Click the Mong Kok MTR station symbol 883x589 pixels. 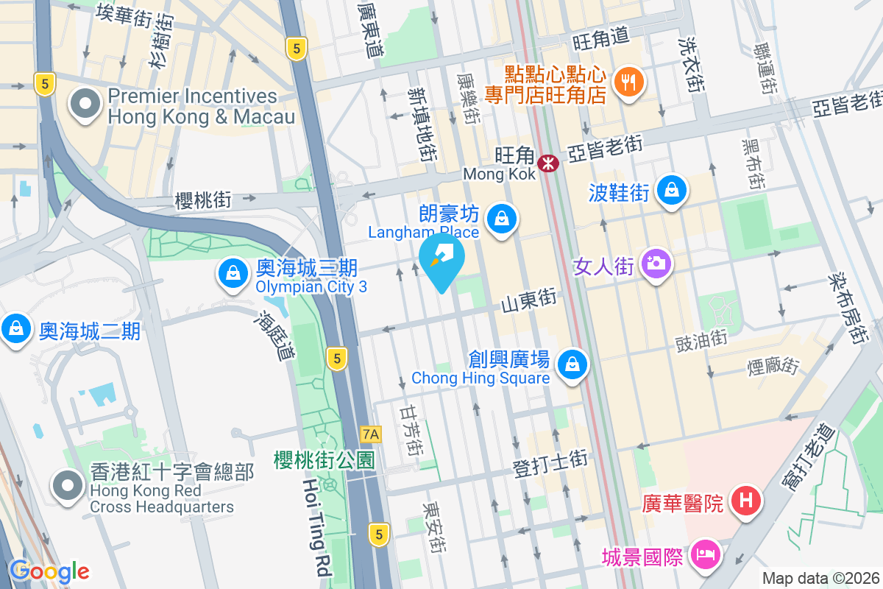pyautogui.click(x=547, y=163)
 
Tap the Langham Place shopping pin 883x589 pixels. pyautogui.click(x=501, y=219)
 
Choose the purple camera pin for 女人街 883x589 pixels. pyautogui.click(x=655, y=263)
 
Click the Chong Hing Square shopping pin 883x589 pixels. pyautogui.click(x=572, y=364)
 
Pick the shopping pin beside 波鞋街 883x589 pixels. pyautogui.click(x=671, y=191)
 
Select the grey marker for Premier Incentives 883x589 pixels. pyautogui.click(x=85, y=105)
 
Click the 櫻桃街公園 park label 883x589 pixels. pyautogui.click(x=324, y=461)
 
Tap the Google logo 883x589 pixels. pyautogui.click(x=49, y=571)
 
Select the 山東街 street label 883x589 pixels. pyautogui.click(x=528, y=300)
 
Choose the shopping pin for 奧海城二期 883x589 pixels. pyautogui.click(x=16, y=328)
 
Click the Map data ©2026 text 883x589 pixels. pyautogui.click(x=820, y=579)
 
